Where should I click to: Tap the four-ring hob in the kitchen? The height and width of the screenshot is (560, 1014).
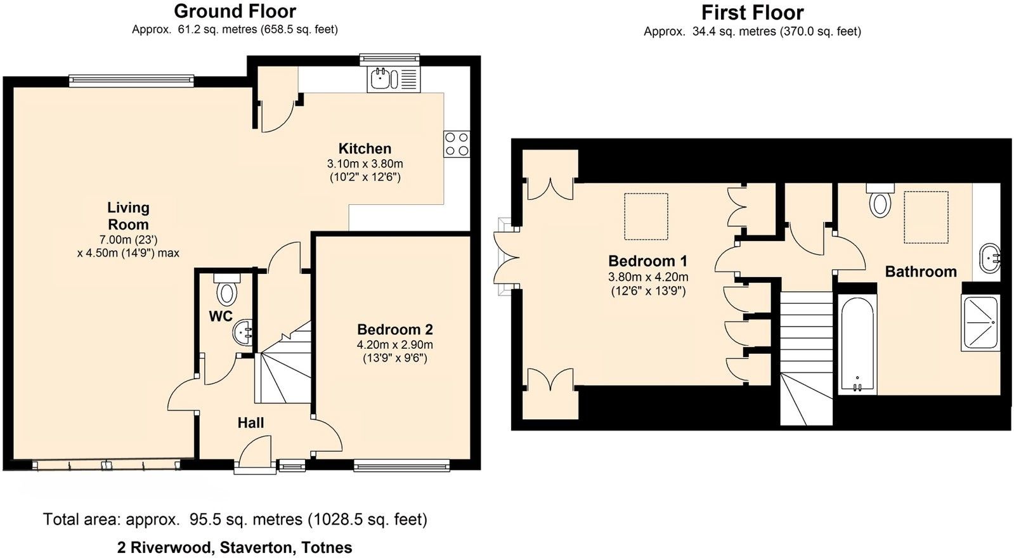coord(457,144)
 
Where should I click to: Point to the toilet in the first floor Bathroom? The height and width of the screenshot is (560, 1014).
coord(880,200)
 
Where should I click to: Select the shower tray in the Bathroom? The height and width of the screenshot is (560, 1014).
coord(980,322)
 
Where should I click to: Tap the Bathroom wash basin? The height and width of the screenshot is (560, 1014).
coord(989,259)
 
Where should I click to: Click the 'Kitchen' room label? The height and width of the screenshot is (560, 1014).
coord(365,148)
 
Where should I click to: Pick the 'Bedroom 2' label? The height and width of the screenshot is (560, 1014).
coord(394,329)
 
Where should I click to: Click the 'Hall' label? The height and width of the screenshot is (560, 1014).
coord(250,423)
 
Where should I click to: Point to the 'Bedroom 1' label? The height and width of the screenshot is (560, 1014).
coord(648,261)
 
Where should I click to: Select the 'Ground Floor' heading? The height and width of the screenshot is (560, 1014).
coord(235,11)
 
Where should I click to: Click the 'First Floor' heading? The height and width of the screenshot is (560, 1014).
coord(752,13)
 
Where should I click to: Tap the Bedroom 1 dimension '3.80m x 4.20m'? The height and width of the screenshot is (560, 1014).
coord(648,277)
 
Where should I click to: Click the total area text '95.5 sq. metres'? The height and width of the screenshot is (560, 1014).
coord(246,519)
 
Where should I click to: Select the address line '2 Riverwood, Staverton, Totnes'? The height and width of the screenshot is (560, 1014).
coord(235,548)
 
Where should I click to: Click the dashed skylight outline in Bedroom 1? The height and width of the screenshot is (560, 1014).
coord(646,216)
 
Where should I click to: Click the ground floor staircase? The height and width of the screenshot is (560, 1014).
coord(283,362)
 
